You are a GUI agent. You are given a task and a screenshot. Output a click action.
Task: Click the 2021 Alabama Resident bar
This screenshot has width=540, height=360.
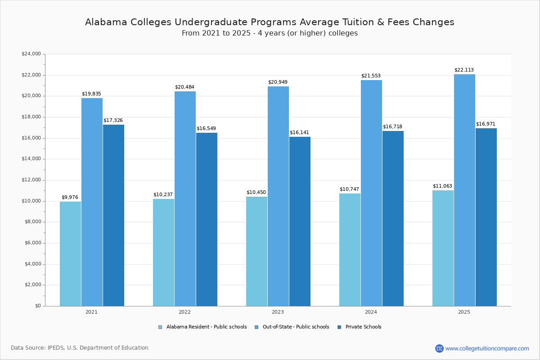point(70,254)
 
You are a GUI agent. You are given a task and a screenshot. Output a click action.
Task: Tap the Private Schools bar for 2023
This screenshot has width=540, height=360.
point(300,221)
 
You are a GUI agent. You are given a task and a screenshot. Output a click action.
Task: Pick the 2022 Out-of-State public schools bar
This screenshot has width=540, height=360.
point(185,198)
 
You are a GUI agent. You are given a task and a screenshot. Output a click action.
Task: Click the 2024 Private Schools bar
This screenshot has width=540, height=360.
point(393,218)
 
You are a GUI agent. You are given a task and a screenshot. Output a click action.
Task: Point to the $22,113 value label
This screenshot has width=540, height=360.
point(464,70)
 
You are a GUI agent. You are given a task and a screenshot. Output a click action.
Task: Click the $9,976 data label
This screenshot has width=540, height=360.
point(70,198)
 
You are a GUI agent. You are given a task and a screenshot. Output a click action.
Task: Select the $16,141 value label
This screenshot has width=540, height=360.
point(299,133)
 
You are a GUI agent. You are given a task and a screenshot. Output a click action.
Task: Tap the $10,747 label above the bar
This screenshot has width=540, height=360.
point(349,189)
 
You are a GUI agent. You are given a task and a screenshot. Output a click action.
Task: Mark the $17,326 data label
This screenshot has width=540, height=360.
point(113,121)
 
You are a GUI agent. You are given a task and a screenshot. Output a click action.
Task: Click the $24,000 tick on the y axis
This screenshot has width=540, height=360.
point(31,54)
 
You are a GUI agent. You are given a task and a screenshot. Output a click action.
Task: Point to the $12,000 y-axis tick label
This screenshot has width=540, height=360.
point(31,180)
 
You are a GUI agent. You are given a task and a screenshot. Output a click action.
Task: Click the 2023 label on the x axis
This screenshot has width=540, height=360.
point(278,312)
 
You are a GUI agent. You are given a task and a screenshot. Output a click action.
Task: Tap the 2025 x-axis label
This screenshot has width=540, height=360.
point(464,312)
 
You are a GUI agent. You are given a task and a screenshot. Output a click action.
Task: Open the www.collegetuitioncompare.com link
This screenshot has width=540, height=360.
point(487,348)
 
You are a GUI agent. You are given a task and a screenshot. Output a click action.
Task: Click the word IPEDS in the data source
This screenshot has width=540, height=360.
point(56,348)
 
